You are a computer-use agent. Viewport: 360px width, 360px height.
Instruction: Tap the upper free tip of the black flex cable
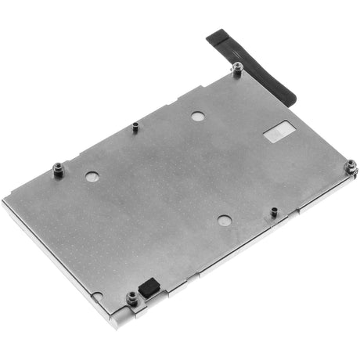pyautogui.click(x=213, y=37)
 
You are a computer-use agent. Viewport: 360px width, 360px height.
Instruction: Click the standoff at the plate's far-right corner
pyautogui.click(x=351, y=167)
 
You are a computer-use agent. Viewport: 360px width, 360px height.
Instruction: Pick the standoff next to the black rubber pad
pyautogui.click(x=131, y=298)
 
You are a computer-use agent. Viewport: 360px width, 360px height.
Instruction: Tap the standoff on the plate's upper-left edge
pyautogui.click(x=57, y=169)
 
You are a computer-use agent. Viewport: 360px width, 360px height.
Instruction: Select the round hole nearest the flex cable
pyautogui.click(x=198, y=116)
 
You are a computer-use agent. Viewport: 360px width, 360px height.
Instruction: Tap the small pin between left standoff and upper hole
pyautogui.click(x=135, y=126)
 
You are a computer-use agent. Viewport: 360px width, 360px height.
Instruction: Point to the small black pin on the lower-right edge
pyautogui.click(x=274, y=212)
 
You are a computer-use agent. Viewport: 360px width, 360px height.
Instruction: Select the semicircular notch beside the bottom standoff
pyautogui.click(x=97, y=296)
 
